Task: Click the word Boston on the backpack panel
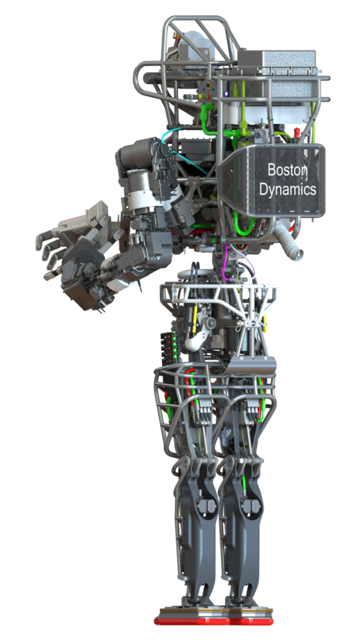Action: tap(287, 170)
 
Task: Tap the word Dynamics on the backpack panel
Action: tap(288, 189)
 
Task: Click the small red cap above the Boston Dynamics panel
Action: tap(297, 132)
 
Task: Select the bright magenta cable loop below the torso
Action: tap(225, 263)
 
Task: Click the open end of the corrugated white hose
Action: tap(298, 255)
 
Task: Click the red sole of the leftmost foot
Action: tap(192, 621)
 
